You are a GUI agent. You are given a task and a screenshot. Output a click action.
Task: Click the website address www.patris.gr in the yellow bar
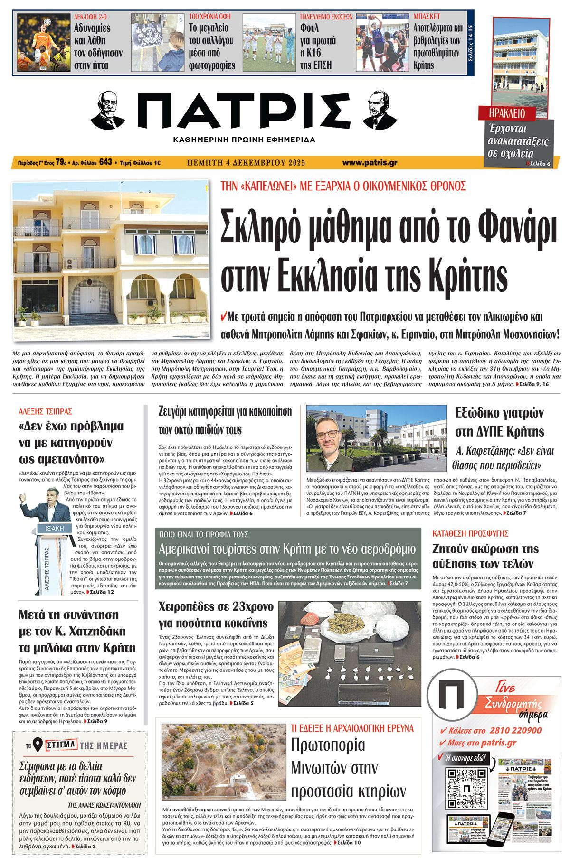point(370,163)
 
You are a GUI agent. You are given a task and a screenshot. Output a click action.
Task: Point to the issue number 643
point(105,162)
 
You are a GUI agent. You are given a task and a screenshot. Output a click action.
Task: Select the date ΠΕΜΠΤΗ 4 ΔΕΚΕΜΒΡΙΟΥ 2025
point(246,163)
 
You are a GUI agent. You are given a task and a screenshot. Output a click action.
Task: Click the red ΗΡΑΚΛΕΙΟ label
point(507,113)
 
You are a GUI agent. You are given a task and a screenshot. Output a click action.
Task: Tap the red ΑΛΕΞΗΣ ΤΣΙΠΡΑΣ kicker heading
point(46,411)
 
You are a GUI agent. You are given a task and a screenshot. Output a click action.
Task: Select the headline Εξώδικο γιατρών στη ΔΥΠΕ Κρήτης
point(499,422)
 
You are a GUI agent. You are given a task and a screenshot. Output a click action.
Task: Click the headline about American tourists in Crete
point(287,550)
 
